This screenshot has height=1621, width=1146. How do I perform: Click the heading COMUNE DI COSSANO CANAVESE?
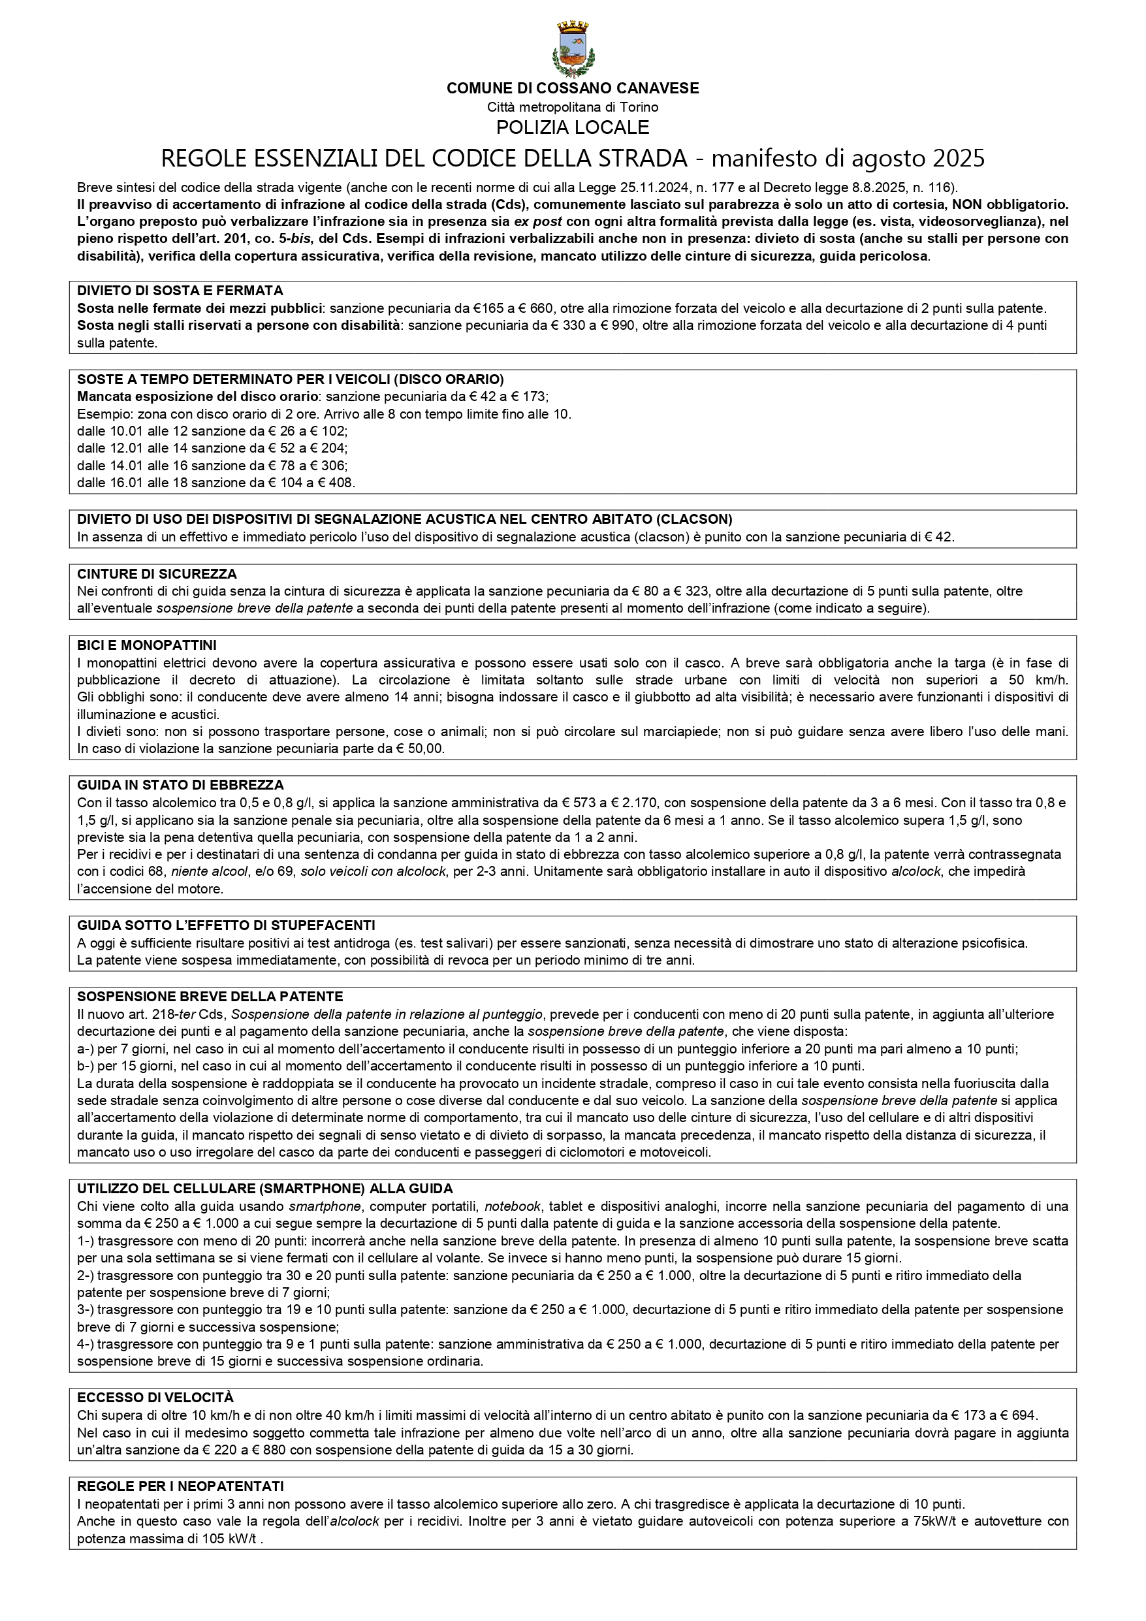(x=573, y=88)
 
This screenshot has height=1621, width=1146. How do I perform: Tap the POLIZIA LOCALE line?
(x=573, y=127)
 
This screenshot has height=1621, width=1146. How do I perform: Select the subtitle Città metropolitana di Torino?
(x=573, y=107)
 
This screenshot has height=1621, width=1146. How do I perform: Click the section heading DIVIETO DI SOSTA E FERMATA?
(x=180, y=291)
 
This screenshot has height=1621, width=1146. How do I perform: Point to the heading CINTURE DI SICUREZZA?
(x=157, y=574)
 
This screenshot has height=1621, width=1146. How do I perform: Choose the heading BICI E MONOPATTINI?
(x=147, y=645)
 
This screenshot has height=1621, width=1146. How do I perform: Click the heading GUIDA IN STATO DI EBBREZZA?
(x=180, y=785)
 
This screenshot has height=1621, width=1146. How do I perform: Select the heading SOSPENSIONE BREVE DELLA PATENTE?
(x=210, y=997)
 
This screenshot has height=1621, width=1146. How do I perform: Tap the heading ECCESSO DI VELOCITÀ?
(x=155, y=1398)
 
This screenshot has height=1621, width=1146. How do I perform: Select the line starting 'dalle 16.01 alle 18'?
(x=215, y=483)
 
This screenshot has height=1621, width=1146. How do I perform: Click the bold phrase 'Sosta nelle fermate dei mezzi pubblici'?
(x=200, y=308)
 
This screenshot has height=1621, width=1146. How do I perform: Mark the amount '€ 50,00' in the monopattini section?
(x=421, y=749)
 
